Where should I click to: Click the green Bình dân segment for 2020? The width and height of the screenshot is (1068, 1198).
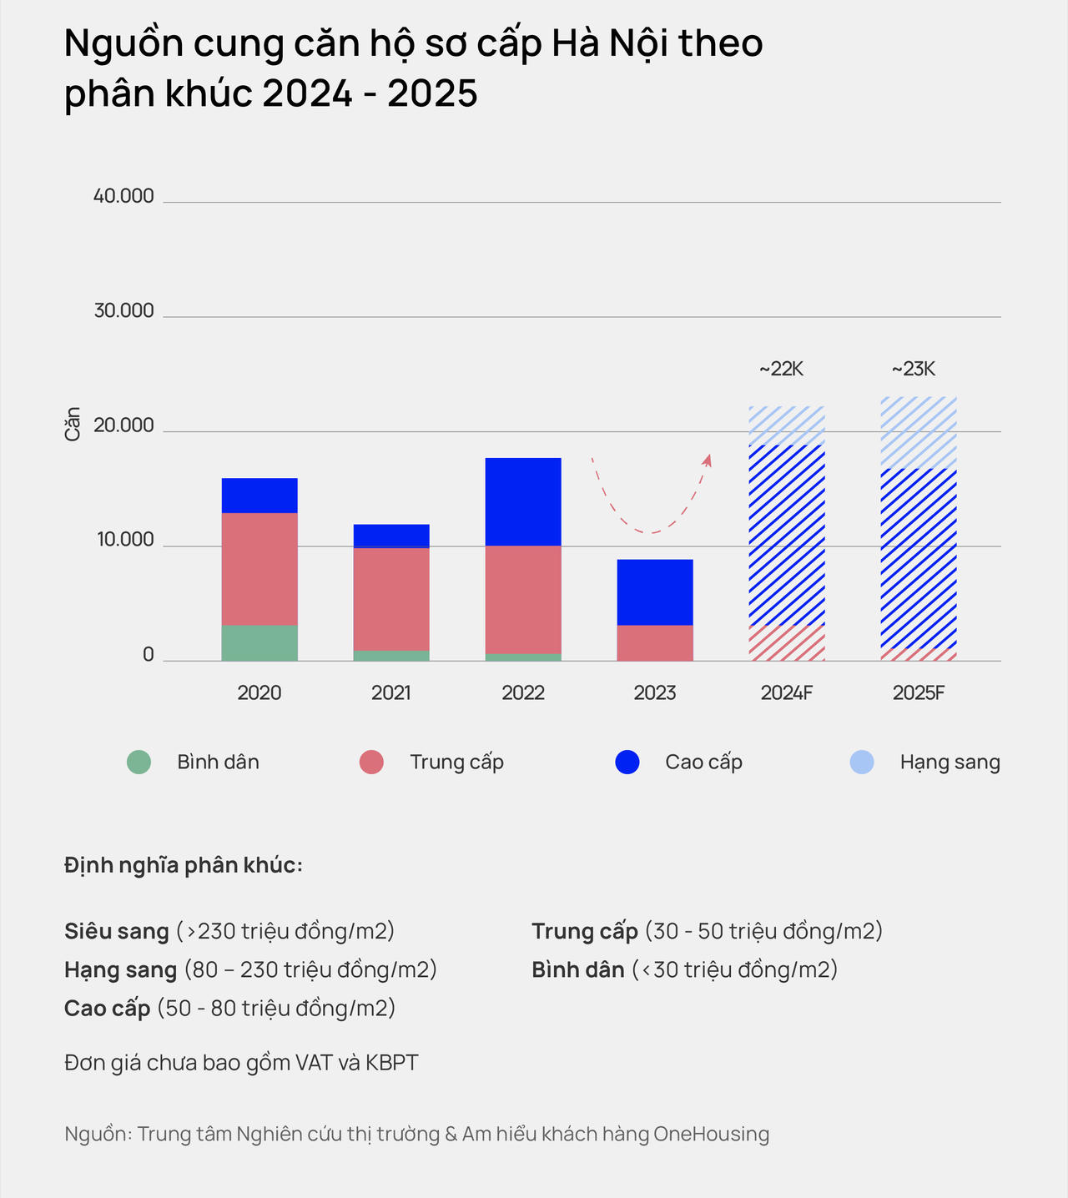pyautogui.click(x=259, y=642)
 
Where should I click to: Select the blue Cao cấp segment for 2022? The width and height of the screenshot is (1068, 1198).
pyautogui.click(x=523, y=501)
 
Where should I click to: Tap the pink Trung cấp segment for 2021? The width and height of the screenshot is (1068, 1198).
pyautogui.click(x=391, y=598)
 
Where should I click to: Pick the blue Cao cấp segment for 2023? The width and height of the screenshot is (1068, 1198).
pyautogui.click(x=655, y=591)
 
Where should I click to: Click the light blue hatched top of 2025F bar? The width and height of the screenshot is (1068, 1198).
pyautogui.click(x=919, y=432)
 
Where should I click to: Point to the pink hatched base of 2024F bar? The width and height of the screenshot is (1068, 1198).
pyautogui.click(x=787, y=642)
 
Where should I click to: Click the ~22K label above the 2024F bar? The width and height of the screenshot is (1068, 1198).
pyautogui.click(x=781, y=369)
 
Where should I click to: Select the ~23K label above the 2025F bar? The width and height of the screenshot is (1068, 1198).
pyautogui.click(x=914, y=369)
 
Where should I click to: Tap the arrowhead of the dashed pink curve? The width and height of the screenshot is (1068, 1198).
pyautogui.click(x=708, y=460)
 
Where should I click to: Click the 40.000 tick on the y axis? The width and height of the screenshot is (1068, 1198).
pyautogui.click(x=123, y=196)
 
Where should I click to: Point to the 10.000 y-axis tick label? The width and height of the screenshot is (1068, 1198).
pyautogui.click(x=125, y=540)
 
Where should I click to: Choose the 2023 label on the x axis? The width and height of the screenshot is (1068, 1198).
pyautogui.click(x=655, y=692)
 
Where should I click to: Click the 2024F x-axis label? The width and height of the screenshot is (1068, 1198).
pyautogui.click(x=787, y=692)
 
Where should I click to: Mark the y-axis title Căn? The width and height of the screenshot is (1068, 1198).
pyautogui.click(x=73, y=424)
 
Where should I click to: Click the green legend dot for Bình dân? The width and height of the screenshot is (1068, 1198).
pyautogui.click(x=139, y=762)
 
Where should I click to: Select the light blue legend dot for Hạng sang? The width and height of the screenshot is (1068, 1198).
pyautogui.click(x=862, y=762)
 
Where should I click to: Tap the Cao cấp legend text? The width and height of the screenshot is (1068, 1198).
pyautogui.click(x=703, y=762)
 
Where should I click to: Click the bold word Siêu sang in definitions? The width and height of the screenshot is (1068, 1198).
pyautogui.click(x=116, y=931)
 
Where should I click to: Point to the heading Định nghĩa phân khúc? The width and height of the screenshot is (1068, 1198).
pyautogui.click(x=184, y=865)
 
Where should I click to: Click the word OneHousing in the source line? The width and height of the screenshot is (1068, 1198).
pyautogui.click(x=711, y=1134)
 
